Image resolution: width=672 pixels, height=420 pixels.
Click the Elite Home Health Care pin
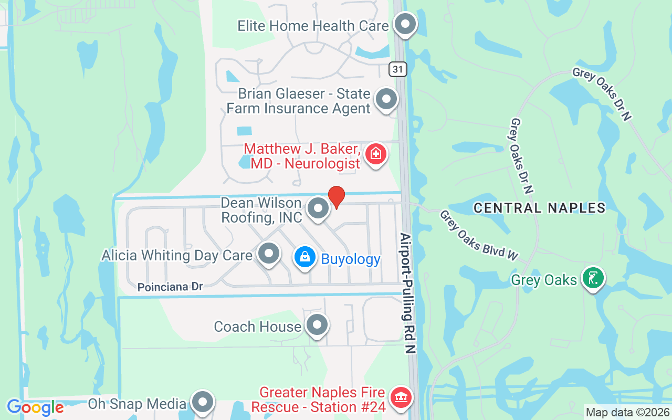405,24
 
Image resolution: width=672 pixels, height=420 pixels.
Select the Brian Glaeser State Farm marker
387,98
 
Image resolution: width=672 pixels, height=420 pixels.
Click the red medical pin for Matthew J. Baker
375,154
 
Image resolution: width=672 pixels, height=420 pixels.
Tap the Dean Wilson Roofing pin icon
318,208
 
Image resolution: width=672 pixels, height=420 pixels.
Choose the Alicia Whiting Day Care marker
269,254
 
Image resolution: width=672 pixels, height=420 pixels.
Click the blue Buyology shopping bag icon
304,257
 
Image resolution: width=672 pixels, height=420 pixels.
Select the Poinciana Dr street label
170,287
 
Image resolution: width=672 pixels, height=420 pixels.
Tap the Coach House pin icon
317,325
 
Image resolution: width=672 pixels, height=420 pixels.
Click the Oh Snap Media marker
202,402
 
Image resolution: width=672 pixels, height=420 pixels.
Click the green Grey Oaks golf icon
593,278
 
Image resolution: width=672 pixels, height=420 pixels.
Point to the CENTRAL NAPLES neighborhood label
539,208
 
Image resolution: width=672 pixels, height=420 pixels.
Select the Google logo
35,407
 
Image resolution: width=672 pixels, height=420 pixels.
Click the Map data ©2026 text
627,413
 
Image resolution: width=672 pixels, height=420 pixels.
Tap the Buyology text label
351,259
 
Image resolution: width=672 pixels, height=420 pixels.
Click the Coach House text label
257,327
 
